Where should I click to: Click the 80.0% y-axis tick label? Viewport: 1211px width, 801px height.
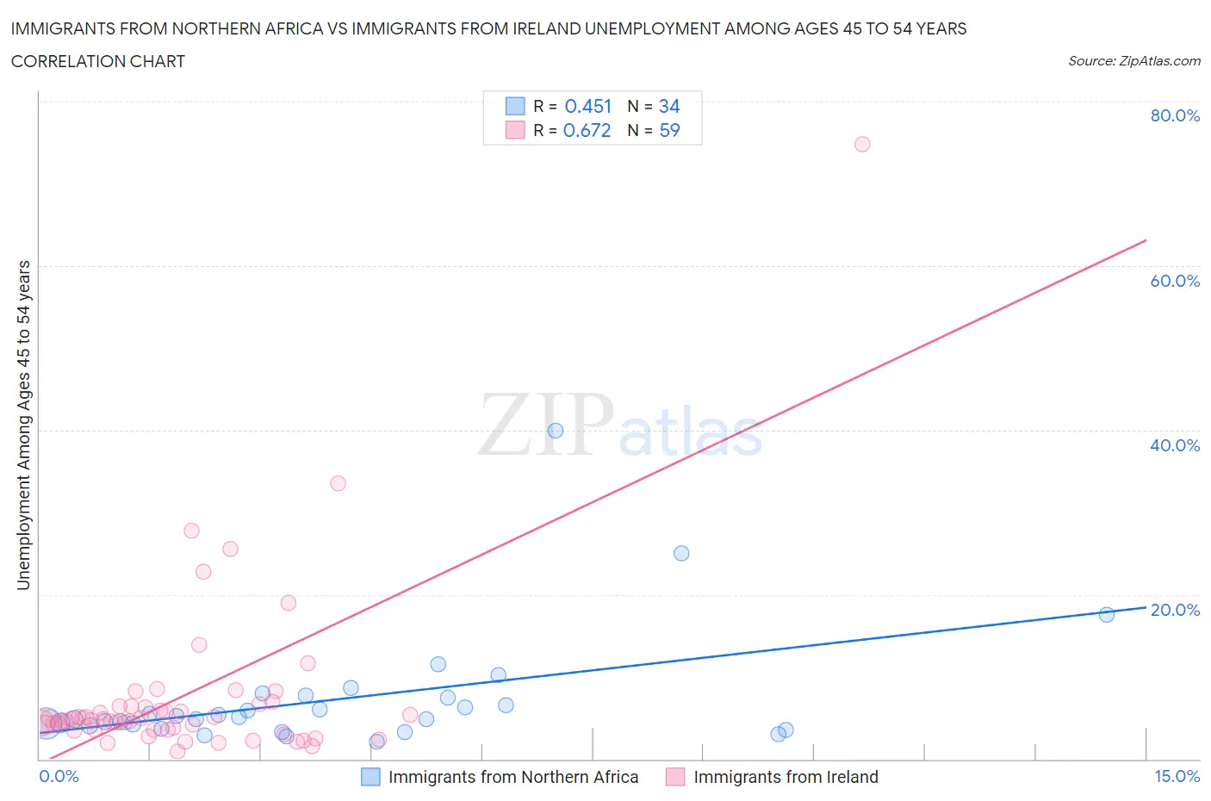click(x=1175, y=115)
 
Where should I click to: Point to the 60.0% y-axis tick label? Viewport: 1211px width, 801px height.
click(x=1175, y=281)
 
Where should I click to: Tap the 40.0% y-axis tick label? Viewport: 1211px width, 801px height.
click(x=1175, y=445)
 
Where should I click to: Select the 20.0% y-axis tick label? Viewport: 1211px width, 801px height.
click(x=1175, y=610)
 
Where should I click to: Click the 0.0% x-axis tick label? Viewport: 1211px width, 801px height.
click(x=59, y=776)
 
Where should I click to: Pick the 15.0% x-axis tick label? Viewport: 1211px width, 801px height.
click(x=1177, y=776)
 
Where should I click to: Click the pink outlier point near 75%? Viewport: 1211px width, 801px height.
click(x=862, y=144)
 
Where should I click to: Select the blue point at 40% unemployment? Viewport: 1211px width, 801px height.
click(x=556, y=431)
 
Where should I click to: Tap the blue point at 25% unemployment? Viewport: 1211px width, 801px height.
click(x=681, y=553)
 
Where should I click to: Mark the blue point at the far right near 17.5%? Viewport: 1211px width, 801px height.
click(x=1107, y=614)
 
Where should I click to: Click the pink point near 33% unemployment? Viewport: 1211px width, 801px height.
click(x=338, y=483)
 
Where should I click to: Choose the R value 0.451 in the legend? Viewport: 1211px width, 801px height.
click(x=587, y=106)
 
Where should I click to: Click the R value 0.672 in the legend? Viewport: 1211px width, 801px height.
click(x=587, y=130)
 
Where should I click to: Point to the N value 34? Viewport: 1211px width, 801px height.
click(x=669, y=106)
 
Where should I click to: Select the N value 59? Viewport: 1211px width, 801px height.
click(x=669, y=130)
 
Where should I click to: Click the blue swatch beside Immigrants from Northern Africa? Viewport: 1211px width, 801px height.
click(x=370, y=777)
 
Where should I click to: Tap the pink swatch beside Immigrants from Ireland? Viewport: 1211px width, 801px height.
click(x=675, y=777)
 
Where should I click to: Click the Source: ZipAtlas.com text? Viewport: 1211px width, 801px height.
click(x=1133, y=61)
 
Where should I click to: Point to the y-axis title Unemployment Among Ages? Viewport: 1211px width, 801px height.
click(x=24, y=425)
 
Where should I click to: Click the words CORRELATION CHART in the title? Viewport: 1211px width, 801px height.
click(x=98, y=61)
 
